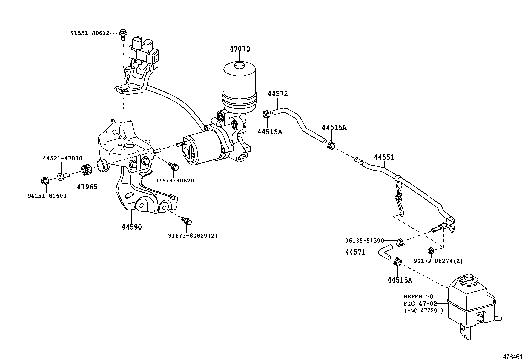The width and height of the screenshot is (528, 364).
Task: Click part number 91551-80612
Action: tap(90, 33)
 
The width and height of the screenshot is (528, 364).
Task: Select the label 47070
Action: tap(240, 49)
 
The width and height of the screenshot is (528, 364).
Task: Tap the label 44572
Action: tap(278, 94)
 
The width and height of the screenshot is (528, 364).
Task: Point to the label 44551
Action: tap(384, 157)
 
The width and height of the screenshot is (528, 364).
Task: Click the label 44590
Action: tap(132, 227)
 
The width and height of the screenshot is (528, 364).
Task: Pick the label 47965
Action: tap(87, 187)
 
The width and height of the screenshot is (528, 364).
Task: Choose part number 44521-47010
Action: tap(63, 158)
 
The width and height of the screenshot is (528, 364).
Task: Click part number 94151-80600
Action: tap(47, 196)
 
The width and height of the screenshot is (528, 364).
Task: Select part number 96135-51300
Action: tap(364, 241)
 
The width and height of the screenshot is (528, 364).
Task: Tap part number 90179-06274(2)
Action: tap(438, 261)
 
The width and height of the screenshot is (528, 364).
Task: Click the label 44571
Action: tap(355, 252)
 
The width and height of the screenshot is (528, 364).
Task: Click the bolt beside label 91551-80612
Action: tap(123, 33)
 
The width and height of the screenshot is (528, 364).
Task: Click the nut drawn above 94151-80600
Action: tap(44, 181)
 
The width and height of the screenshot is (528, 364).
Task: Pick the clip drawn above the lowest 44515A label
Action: tap(397, 263)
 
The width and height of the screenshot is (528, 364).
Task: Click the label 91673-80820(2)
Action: tap(192, 236)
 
